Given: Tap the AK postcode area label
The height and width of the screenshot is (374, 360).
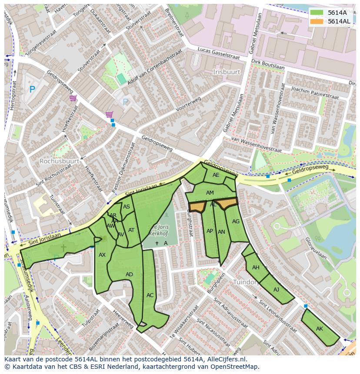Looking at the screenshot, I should [320, 329].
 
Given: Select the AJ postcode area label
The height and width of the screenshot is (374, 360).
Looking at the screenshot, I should [276, 290].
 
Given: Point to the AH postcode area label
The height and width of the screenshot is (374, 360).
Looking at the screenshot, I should [256, 268].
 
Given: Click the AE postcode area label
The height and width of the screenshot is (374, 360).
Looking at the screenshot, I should [216, 175].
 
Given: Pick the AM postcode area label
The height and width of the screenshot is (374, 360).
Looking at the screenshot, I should [210, 193].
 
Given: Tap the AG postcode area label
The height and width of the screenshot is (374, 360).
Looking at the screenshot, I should [236, 222].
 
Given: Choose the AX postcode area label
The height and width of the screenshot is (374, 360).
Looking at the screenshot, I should [102, 255].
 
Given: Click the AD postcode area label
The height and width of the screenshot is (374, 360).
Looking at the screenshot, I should [129, 275].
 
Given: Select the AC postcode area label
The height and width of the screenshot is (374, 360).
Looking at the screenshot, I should [150, 295].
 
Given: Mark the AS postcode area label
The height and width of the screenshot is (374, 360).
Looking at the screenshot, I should [127, 207].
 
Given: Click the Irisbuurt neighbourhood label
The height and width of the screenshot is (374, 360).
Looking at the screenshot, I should [227, 71].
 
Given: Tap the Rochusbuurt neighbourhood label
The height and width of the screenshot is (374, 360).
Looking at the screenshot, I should [59, 161].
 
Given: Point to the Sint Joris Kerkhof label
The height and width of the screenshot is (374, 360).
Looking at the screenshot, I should [159, 230].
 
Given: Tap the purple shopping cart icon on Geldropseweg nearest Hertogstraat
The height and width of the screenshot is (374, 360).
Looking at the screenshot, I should [73, 98].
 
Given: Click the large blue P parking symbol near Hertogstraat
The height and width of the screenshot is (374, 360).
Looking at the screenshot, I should [32, 89].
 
